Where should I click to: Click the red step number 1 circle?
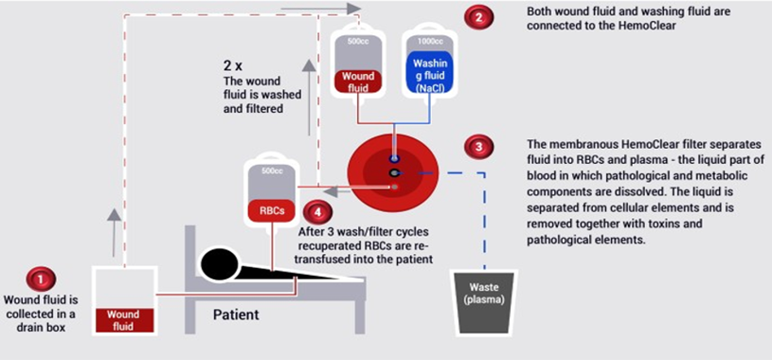(41, 279)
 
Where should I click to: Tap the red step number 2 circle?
(478, 17)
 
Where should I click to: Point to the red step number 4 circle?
(317, 212)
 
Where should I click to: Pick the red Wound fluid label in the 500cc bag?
(358, 81)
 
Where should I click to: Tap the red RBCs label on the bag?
(272, 211)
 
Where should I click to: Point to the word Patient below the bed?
(236, 314)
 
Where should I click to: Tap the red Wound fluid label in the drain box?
(123, 319)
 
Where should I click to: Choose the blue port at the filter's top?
(393, 158)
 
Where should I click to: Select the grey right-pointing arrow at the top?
(321, 9)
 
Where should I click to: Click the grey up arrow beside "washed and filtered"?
(309, 97)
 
